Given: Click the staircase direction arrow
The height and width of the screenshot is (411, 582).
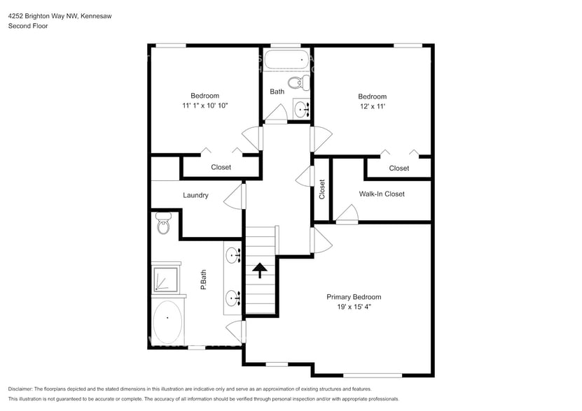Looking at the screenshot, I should tap(260, 271).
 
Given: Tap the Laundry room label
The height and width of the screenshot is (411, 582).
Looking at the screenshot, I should tap(195, 196).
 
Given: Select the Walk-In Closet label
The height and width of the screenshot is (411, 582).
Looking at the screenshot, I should tap(382, 194).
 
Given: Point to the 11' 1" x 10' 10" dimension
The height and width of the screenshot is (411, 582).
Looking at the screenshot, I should tap(205, 106).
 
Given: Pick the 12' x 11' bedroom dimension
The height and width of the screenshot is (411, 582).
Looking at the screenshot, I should tap(372, 106).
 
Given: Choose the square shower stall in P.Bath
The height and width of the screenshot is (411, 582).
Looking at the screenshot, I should tap(164, 277).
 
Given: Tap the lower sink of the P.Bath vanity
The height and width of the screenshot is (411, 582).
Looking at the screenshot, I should tap(233, 299).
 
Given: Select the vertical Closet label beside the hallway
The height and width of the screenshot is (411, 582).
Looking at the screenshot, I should tap(322, 189).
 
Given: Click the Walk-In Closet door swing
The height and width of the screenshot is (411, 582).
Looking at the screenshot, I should tap(346, 215).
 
